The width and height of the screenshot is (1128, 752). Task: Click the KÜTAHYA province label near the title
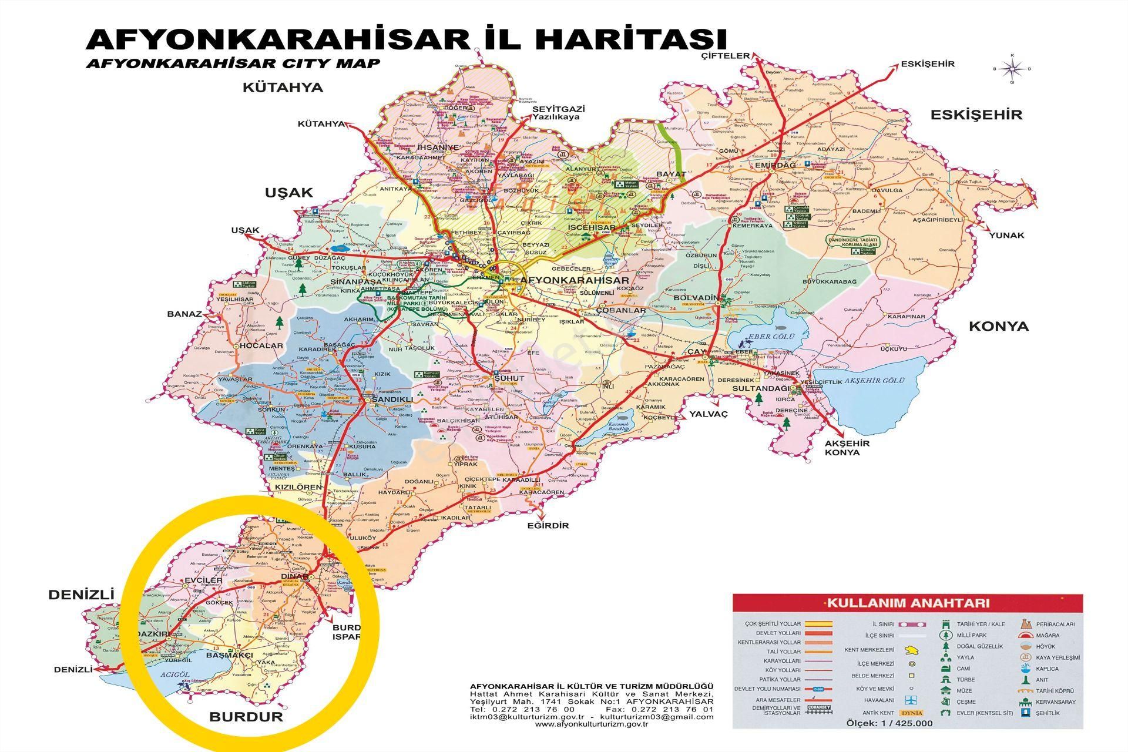point(283,88)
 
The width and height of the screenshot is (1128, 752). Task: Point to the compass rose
point(1012,69)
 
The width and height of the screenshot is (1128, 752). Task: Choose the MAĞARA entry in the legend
point(1048,635)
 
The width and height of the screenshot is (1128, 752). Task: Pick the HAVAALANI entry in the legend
point(879,700)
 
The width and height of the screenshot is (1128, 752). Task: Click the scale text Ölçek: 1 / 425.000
point(889,724)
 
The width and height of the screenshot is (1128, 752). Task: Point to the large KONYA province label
point(998,326)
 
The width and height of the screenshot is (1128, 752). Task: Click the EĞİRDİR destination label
point(548,525)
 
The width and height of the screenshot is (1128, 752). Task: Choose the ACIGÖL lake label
point(174,675)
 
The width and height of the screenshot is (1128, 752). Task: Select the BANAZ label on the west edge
point(184,314)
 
